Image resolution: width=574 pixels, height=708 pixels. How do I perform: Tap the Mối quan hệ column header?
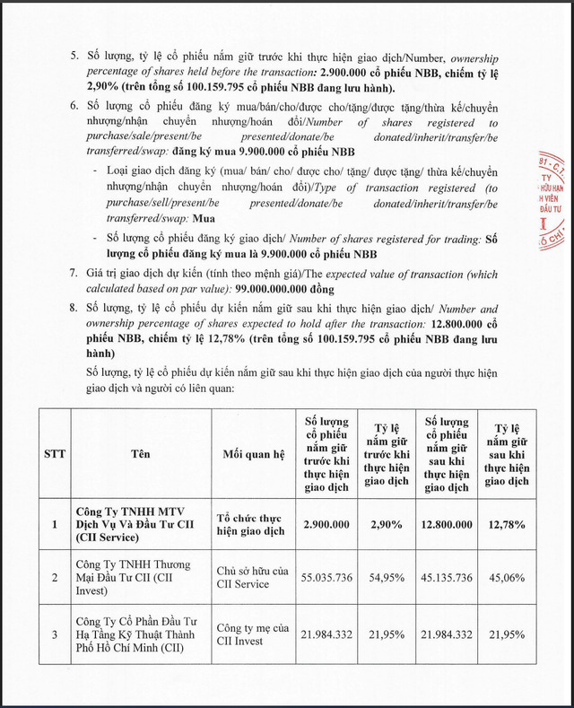(x=252, y=453)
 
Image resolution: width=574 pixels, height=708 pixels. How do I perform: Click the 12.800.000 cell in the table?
(x=447, y=524)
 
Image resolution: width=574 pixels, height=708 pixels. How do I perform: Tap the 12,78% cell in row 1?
(x=506, y=524)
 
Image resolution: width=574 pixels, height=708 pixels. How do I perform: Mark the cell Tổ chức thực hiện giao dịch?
(x=250, y=524)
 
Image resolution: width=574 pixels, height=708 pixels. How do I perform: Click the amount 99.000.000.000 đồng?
(x=284, y=290)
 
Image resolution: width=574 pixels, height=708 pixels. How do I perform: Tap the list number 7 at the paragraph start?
(x=74, y=273)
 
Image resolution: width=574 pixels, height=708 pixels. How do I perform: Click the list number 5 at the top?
(x=74, y=56)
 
